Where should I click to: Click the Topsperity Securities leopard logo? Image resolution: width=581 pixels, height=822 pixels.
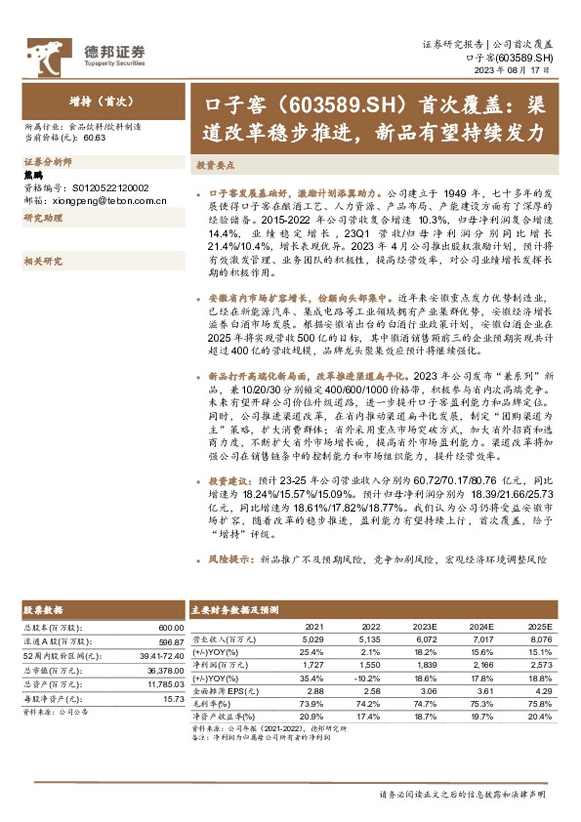49,54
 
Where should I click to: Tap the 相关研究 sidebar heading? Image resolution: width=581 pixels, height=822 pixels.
42,261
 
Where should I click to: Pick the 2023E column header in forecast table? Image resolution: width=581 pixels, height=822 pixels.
424,626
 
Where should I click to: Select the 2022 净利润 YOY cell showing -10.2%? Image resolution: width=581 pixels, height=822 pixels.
368,676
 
